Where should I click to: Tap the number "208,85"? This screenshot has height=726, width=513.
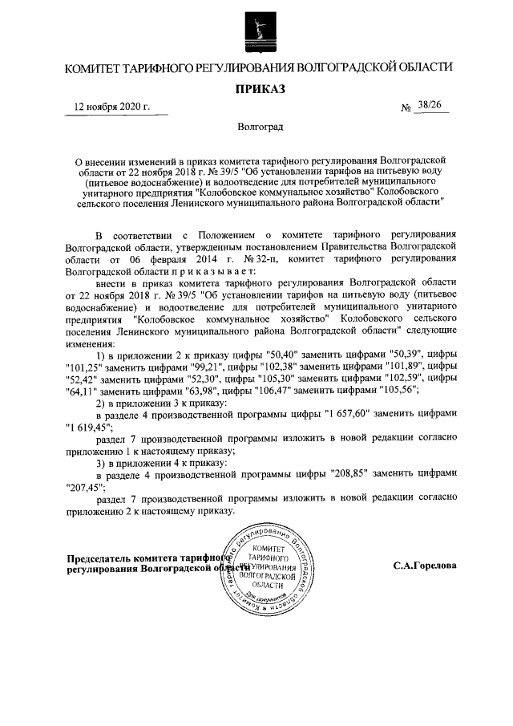coord(348,473)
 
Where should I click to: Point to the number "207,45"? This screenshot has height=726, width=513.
coord(86,485)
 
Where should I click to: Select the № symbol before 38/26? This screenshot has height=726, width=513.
coord(406,107)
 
